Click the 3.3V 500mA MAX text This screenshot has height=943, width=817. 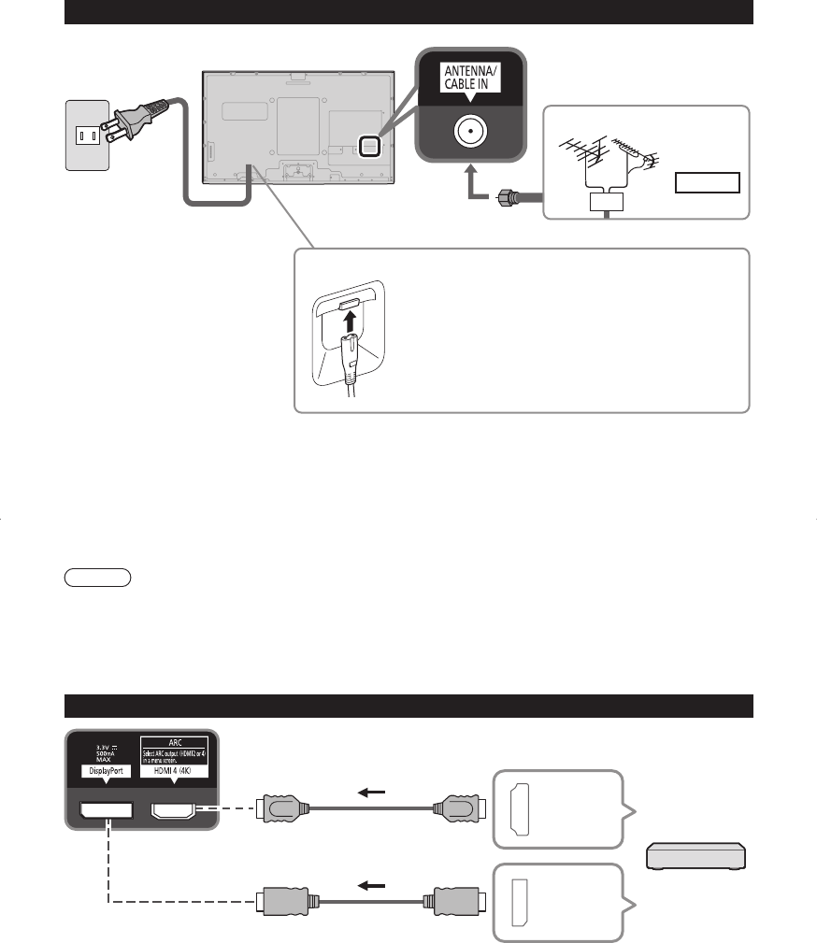pyautogui.click(x=104, y=752)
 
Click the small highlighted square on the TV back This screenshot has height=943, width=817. pyautogui.click(x=370, y=145)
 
